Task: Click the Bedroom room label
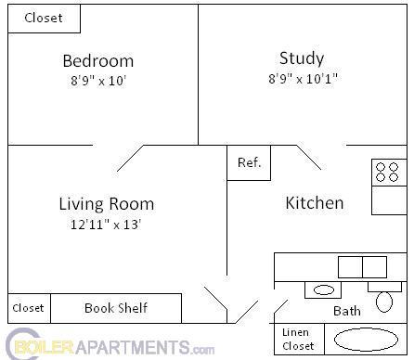point(97,61)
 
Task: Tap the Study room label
point(302,57)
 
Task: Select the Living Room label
point(106,204)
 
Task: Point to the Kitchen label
point(314,202)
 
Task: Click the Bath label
point(347,312)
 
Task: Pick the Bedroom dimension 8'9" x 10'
point(97,81)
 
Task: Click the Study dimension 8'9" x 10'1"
point(302,79)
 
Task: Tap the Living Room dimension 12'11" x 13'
point(106,225)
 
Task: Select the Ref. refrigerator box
point(249,162)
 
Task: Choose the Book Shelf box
point(116,308)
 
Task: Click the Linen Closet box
point(298,339)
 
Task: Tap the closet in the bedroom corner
point(44,19)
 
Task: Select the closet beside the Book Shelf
point(29,308)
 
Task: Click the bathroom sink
point(323,290)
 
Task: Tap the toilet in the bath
point(384,298)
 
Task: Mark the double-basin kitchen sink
point(362,267)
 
